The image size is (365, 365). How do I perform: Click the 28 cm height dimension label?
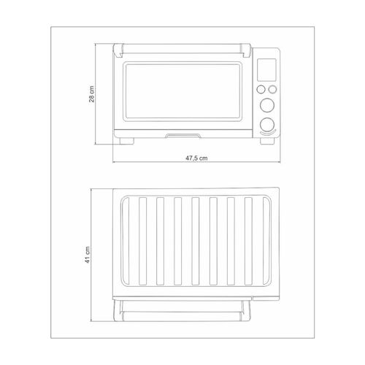point(91,94)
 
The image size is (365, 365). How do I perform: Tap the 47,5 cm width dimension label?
point(196,158)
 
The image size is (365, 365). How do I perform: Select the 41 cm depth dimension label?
point(88,255)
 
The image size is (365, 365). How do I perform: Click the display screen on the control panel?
point(266,69)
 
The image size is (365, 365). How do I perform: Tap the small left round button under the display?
point(261,90)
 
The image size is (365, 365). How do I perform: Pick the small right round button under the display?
point(272,90)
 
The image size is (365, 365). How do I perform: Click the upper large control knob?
point(267,105)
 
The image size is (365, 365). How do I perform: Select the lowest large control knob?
point(267,124)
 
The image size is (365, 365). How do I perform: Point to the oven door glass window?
point(182,91)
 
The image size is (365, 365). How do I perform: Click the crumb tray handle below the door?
point(183,136)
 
